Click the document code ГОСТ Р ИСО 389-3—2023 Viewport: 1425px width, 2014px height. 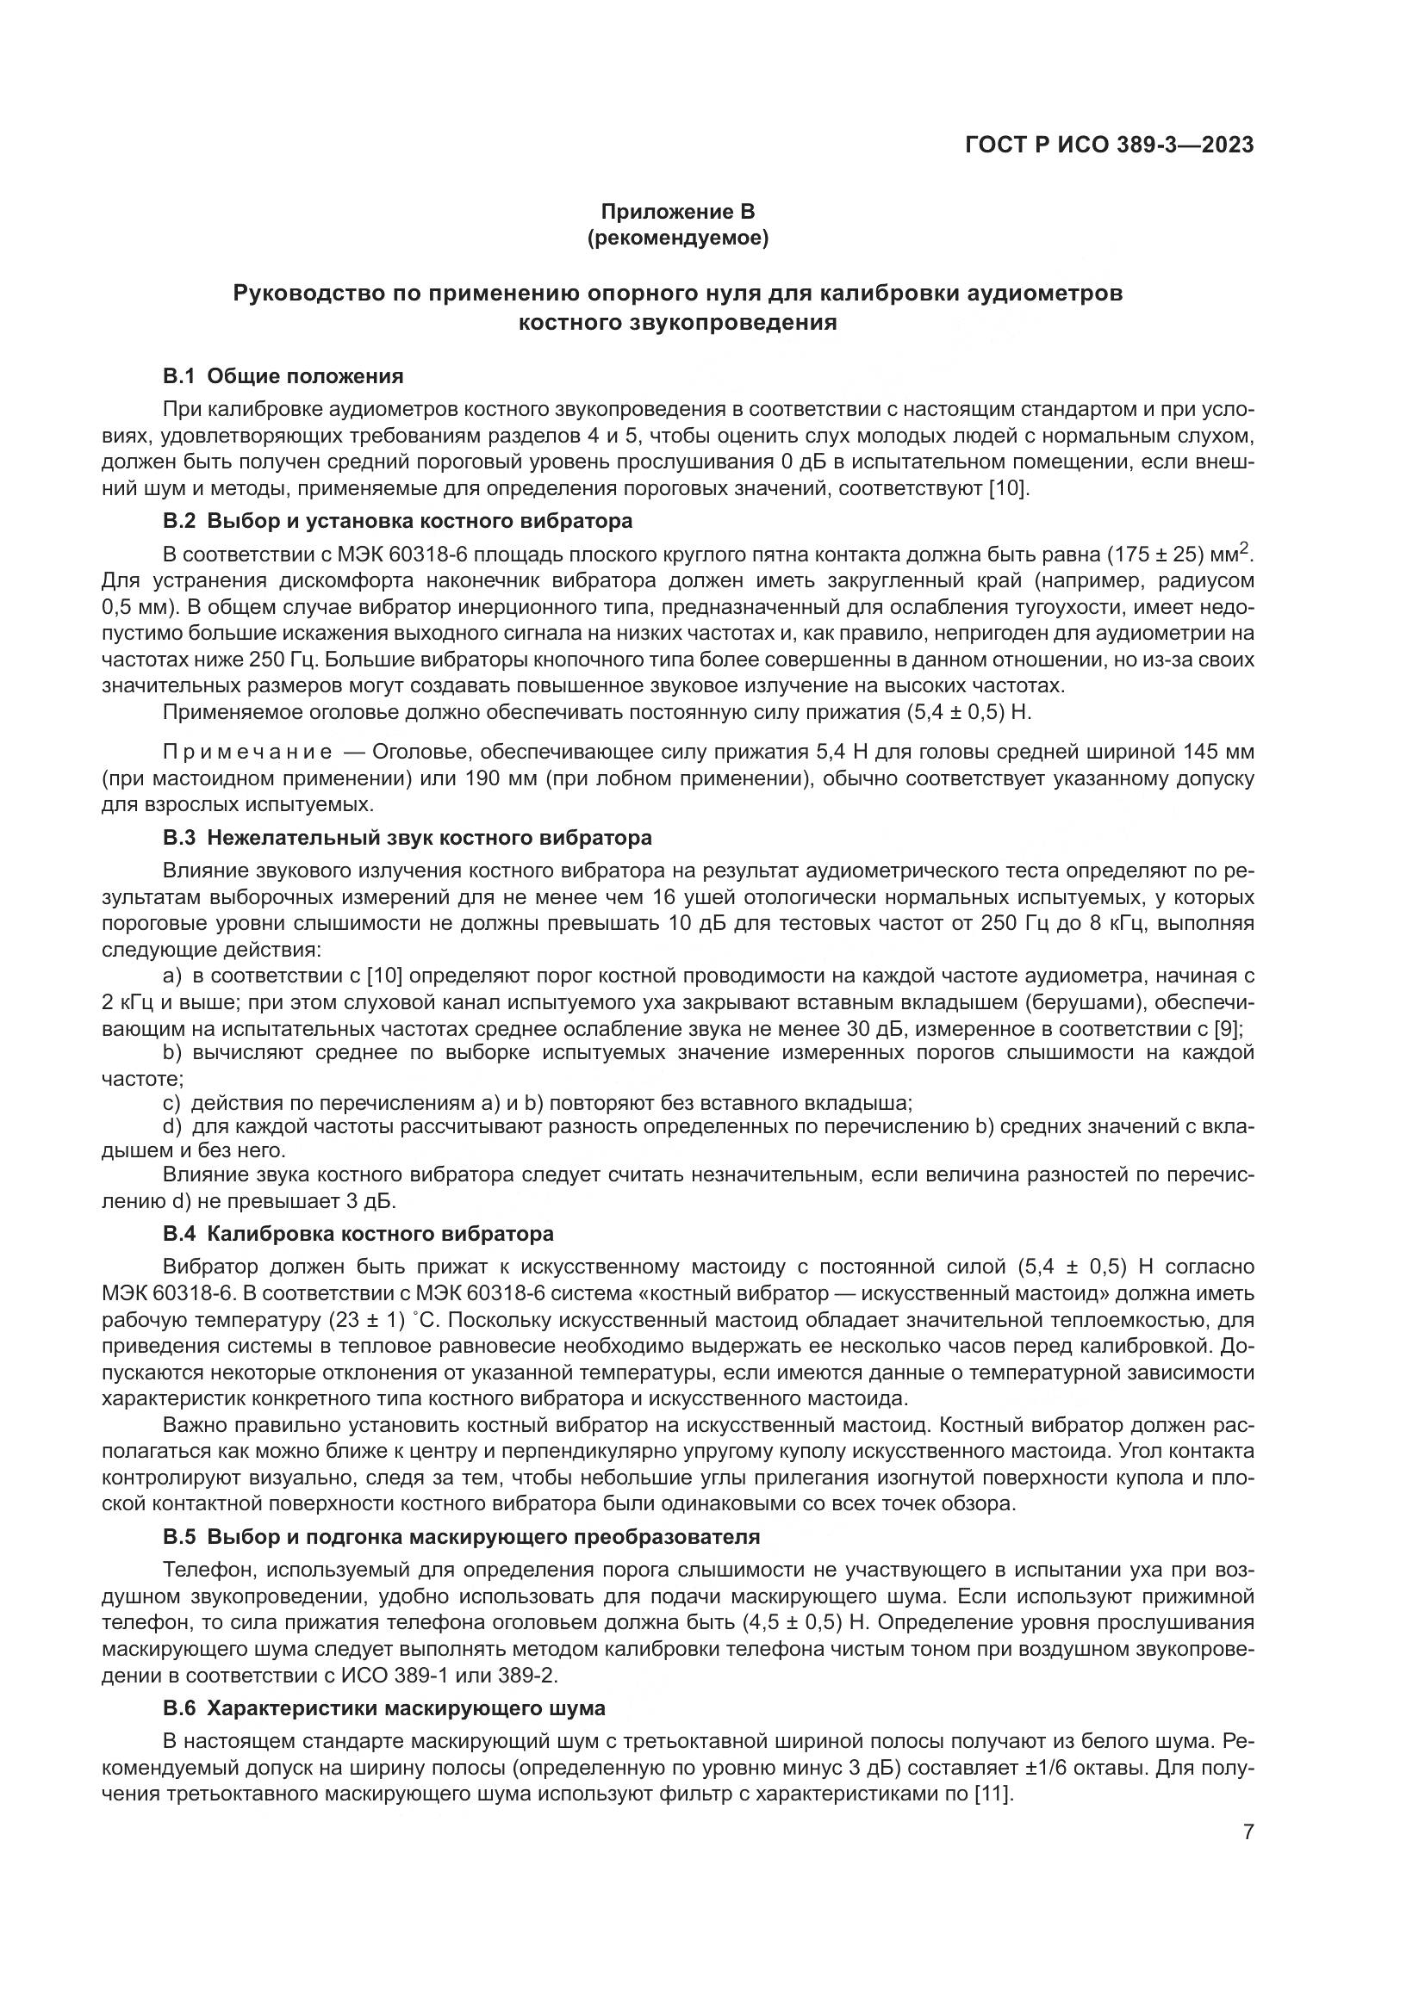pyautogui.click(x=1109, y=145)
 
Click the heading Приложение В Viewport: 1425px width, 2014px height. pyautogui.click(x=677, y=212)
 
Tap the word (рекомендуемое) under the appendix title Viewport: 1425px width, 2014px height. pyautogui.click(x=677, y=238)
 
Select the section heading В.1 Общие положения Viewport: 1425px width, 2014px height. pyautogui.click(x=283, y=376)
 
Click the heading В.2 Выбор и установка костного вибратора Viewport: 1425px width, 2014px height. pyautogui.click(x=397, y=521)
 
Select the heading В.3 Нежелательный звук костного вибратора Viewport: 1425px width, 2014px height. pyautogui.click(x=408, y=838)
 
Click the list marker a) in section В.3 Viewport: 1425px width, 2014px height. pyautogui.click(x=172, y=976)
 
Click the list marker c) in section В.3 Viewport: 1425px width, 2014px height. pyautogui.click(x=172, y=1103)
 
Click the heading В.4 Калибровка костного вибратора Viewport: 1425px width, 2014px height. pyautogui.click(x=358, y=1234)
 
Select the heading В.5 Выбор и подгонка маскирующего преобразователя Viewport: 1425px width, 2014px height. pyautogui.click(x=461, y=1537)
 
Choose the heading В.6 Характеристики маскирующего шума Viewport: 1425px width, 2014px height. pyautogui.click(x=383, y=1707)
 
